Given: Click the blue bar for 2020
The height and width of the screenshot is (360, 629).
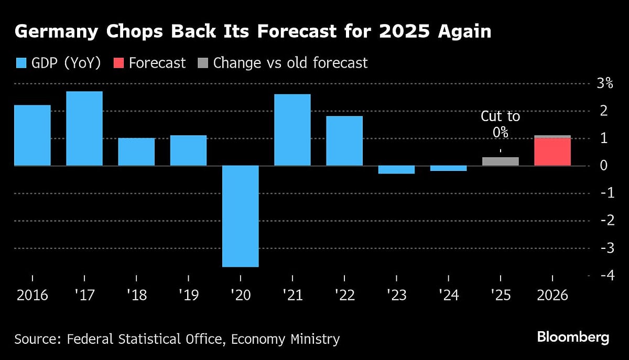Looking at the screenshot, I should pyautogui.click(x=240, y=216).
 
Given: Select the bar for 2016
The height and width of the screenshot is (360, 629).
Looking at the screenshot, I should pyautogui.click(x=32, y=135).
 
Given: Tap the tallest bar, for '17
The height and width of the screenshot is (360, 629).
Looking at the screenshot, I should pyautogui.click(x=84, y=128).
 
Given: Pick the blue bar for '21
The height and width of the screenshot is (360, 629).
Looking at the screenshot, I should pyautogui.click(x=292, y=130).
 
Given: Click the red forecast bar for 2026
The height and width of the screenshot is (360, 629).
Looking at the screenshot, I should pyautogui.click(x=552, y=152).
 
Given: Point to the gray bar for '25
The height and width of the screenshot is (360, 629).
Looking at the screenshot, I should pyautogui.click(x=500, y=161).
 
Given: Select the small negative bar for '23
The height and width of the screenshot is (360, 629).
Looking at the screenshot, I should pyautogui.click(x=396, y=169).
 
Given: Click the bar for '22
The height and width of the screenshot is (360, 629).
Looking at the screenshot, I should pyautogui.click(x=344, y=140).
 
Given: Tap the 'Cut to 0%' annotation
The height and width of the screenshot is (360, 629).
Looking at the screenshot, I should pyautogui.click(x=500, y=124).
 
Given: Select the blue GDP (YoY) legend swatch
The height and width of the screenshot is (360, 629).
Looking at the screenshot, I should pyautogui.click(x=21, y=63).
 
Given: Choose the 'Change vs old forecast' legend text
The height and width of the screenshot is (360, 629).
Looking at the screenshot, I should pyautogui.click(x=290, y=63).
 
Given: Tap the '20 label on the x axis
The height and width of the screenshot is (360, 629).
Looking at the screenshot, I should pyautogui.click(x=240, y=295).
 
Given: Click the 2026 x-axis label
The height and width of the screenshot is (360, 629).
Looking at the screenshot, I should pyautogui.click(x=552, y=295).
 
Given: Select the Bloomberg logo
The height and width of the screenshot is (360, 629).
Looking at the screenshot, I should pyautogui.click(x=573, y=337).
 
